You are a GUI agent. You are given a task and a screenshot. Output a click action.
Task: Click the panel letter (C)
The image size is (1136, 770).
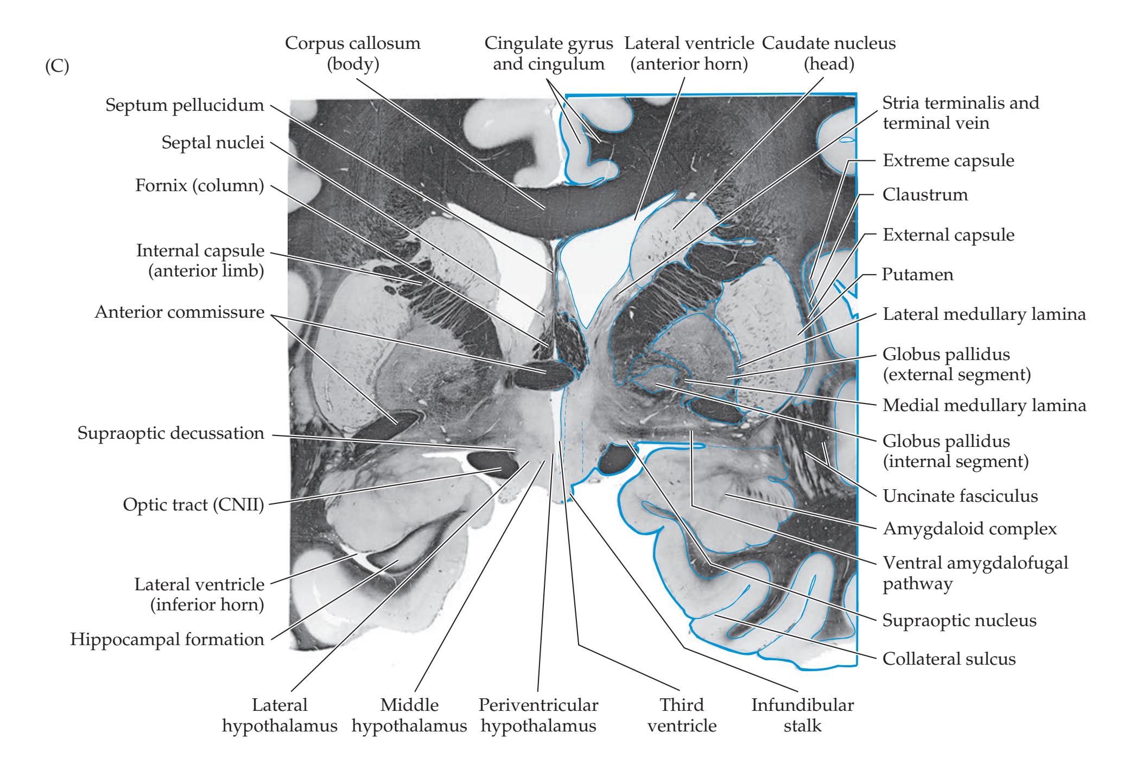pyautogui.click(x=57, y=70)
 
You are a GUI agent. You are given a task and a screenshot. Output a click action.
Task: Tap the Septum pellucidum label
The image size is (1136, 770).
pyautogui.click(x=185, y=105)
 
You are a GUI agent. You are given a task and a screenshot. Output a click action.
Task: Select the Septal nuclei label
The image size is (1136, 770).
pyautogui.click(x=213, y=143)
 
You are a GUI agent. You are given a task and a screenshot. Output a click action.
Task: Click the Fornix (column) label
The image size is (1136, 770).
pyautogui.click(x=199, y=186)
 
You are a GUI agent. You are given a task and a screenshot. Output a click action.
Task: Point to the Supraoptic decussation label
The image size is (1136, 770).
pyautogui.click(x=171, y=433)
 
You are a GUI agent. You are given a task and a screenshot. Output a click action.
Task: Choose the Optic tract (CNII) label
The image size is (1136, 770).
pyautogui.click(x=193, y=505)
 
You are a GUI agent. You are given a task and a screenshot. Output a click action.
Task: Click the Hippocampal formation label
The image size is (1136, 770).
pyautogui.click(x=167, y=639)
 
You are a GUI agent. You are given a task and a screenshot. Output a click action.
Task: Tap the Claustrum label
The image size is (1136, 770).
pyautogui.click(x=925, y=194)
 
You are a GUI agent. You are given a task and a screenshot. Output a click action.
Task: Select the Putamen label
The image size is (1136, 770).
pyautogui.click(x=917, y=274)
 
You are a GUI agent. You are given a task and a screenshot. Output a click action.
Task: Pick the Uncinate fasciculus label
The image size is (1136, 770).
pyautogui.click(x=960, y=496)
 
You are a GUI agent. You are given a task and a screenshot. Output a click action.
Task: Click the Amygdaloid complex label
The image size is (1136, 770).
pyautogui.click(x=970, y=528)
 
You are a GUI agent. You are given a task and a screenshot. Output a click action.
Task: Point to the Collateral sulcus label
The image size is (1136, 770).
pyautogui.click(x=949, y=659)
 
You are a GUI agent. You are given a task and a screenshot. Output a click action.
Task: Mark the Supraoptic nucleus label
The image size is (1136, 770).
pyautogui.click(x=960, y=620)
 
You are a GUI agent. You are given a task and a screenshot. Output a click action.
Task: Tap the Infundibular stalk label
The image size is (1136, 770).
pyautogui.click(x=802, y=715)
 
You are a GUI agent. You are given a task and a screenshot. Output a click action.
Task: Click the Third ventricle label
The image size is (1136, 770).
pyautogui.click(x=682, y=715)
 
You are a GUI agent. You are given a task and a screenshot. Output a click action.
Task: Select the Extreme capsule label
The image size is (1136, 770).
pyautogui.click(x=948, y=160)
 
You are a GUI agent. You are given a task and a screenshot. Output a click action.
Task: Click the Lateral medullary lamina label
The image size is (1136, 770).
pyautogui.click(x=984, y=314)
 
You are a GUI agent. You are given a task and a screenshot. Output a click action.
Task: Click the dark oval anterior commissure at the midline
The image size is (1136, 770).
pyautogui.click(x=544, y=375)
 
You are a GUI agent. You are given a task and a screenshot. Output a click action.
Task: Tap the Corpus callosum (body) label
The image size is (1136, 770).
pyautogui.click(x=353, y=53)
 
